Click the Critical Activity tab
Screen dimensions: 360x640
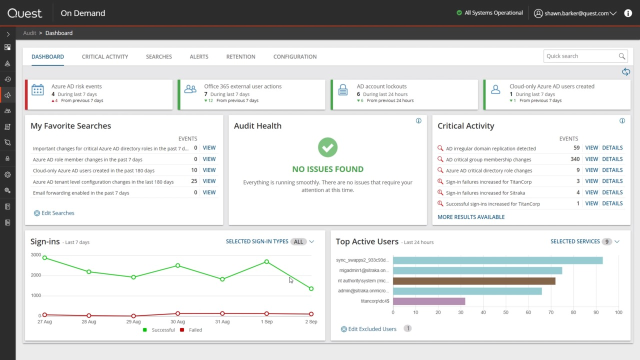pyautogui.click(x=105, y=57)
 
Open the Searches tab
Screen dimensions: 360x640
pyautogui.click(x=159, y=57)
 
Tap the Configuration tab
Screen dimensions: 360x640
pyautogui.click(x=295, y=57)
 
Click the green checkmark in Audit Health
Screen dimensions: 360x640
pyautogui.click(x=327, y=146)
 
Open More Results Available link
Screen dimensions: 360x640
pyautogui.click(x=470, y=216)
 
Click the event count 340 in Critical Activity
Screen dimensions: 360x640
pyautogui.click(x=575, y=159)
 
